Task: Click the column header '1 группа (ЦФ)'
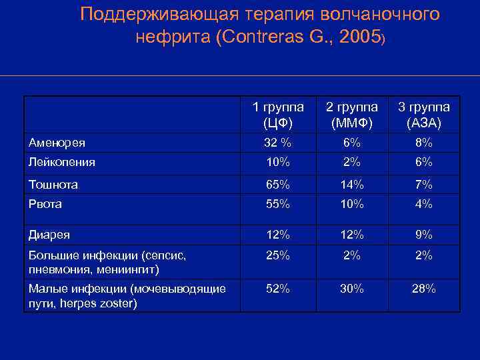[x=278, y=115]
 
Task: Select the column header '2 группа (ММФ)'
[x=351, y=115]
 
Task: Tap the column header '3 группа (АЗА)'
[x=424, y=115]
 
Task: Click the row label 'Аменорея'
[x=57, y=143]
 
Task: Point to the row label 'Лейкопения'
[x=62, y=162]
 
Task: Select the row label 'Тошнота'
[x=53, y=185]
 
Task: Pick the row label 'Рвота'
[x=45, y=204]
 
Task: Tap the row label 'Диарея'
[x=49, y=235]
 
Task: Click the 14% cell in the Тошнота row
[x=351, y=185]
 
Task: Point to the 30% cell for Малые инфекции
[x=351, y=289]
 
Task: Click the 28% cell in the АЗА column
[x=424, y=289]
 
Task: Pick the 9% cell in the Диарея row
[x=424, y=235]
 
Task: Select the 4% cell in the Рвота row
[x=424, y=204]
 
